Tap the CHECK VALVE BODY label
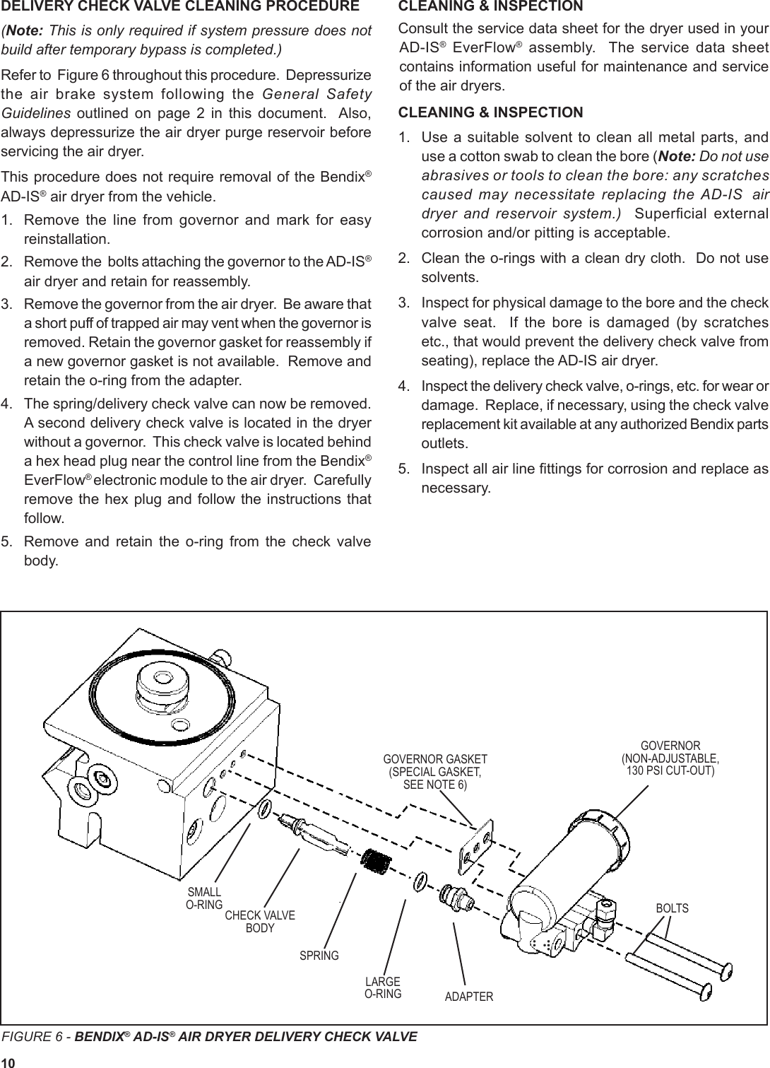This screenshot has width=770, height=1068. pos(259,922)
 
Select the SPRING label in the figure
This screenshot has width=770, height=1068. pos(319,956)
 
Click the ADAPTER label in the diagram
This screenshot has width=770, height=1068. pos(469,997)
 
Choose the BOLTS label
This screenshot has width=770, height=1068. pos(672,908)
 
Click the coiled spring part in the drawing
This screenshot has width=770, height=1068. pos(375,862)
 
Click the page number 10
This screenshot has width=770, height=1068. pos(8,1062)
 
